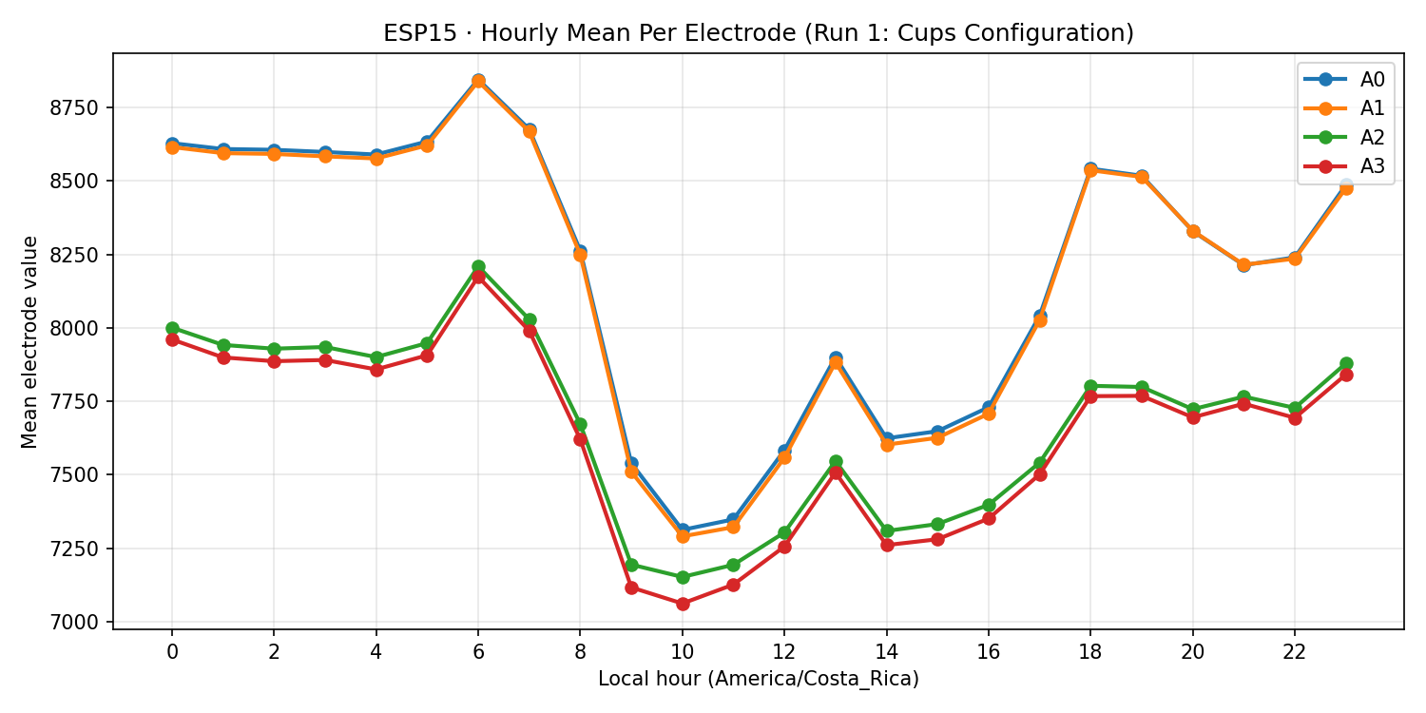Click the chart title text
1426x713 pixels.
click(758, 33)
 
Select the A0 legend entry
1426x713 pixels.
click(1345, 79)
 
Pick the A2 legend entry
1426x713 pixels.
click(1345, 138)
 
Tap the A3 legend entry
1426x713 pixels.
click(1345, 166)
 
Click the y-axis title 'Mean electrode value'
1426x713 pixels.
click(30, 341)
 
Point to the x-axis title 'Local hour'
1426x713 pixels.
click(758, 679)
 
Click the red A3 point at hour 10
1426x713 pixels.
click(683, 604)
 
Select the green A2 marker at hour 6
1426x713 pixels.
click(478, 267)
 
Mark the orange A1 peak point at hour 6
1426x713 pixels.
click(478, 82)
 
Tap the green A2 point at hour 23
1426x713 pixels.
click(1346, 364)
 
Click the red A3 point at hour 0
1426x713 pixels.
click(172, 339)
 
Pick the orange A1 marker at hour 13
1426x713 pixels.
click(836, 362)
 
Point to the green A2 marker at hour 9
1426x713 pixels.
click(631, 565)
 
